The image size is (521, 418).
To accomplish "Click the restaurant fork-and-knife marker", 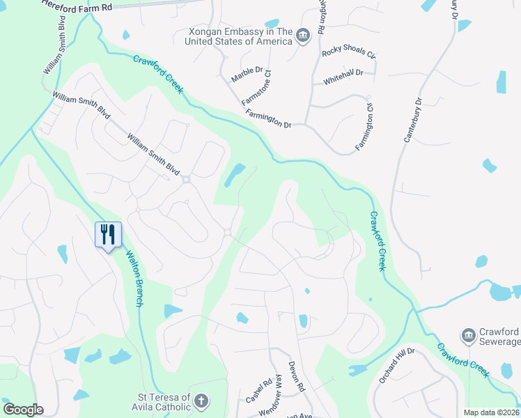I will [108, 233].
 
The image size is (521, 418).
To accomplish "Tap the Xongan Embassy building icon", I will [303, 36].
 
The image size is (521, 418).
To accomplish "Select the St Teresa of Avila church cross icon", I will [201, 401].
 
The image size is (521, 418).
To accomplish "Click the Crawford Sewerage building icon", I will [468, 336].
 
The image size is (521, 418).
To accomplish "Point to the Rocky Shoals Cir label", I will [348, 54].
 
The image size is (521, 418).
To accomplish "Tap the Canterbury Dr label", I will [414, 120].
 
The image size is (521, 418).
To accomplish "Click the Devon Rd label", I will [297, 377].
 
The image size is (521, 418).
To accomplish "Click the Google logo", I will [23, 410].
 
